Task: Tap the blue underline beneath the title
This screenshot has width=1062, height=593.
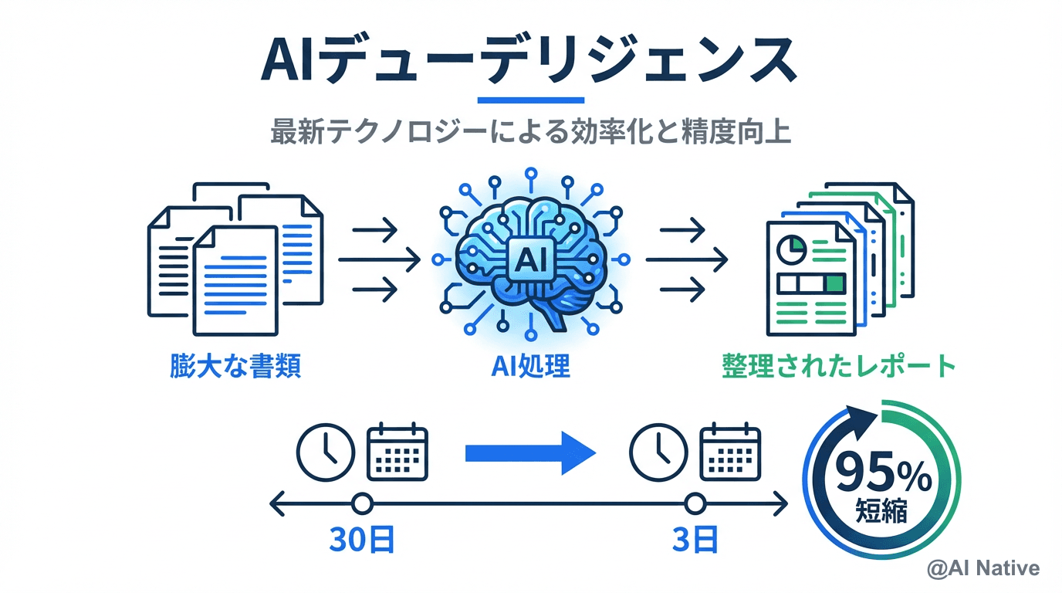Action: [531, 100]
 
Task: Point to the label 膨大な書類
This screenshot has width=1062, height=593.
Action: [235, 365]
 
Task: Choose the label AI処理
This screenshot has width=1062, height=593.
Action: [530, 365]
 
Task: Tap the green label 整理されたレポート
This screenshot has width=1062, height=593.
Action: [838, 365]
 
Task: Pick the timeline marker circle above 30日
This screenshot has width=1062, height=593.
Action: [361, 505]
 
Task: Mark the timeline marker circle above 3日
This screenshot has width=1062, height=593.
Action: [695, 505]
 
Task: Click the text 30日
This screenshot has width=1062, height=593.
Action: [361, 540]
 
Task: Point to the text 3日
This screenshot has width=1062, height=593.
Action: [695, 540]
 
